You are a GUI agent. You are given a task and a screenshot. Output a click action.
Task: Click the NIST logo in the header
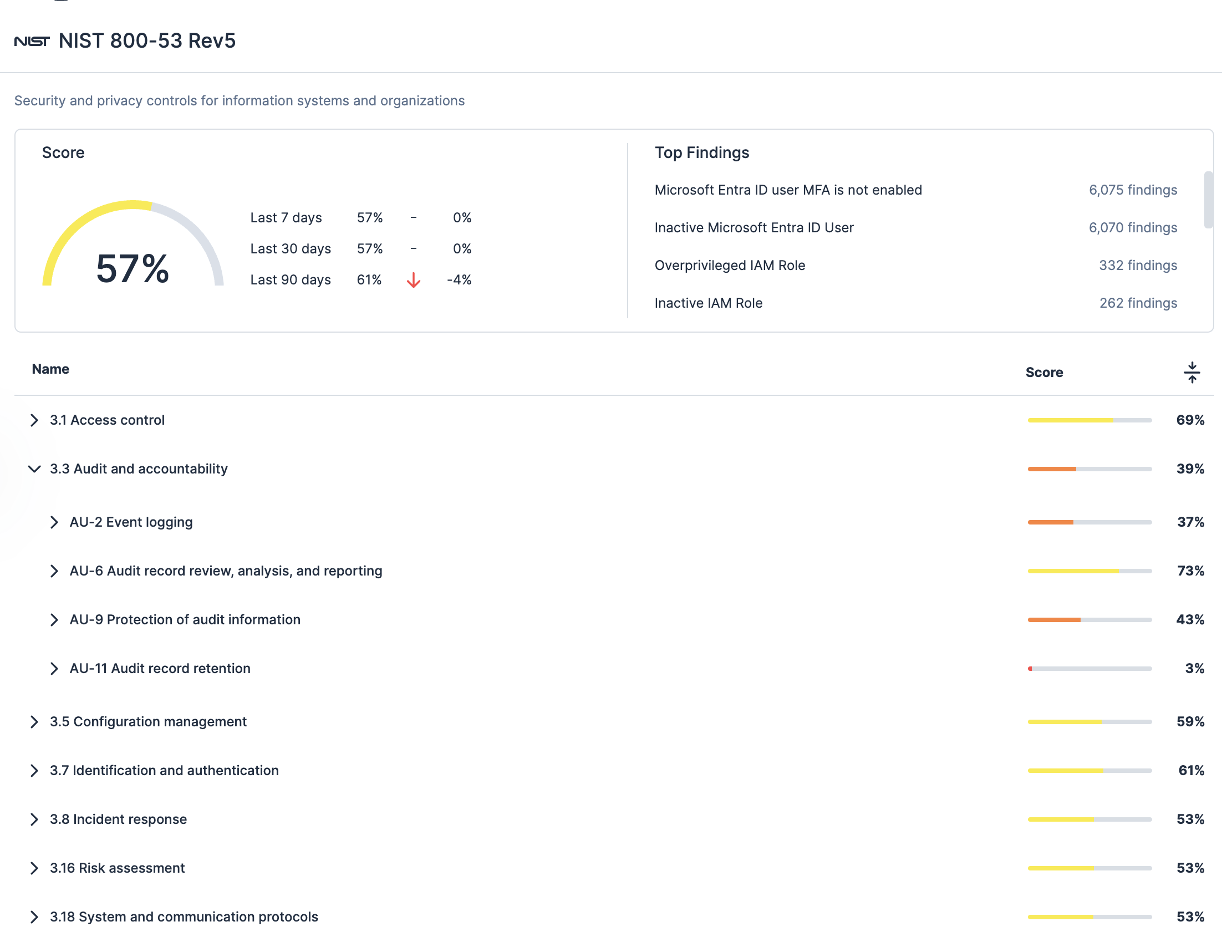coord(32,41)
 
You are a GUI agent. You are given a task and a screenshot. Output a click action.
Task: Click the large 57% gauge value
coord(132,269)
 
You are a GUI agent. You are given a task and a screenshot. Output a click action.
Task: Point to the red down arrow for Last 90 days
coord(413,280)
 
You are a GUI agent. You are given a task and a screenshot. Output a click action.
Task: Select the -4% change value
coord(459,280)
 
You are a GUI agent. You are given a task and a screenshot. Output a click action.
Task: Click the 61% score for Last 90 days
coord(369,280)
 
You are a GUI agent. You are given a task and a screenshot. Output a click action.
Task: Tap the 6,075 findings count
coord(1132,190)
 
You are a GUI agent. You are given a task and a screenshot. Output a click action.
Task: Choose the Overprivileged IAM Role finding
coord(730,266)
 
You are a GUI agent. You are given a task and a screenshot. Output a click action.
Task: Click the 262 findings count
coord(1138,303)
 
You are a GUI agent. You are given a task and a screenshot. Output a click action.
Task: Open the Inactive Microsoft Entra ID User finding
coord(753,228)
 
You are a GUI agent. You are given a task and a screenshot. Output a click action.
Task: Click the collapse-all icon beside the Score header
coord(1192,373)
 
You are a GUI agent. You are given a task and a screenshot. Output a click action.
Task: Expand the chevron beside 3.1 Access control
coord(34,420)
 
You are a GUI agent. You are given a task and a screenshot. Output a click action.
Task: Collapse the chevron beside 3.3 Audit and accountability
coord(34,469)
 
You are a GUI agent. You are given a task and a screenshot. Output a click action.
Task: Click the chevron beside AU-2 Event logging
coord(54,523)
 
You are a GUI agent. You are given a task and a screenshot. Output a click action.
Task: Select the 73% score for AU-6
coord(1190,571)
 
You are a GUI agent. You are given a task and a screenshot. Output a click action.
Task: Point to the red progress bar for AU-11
coord(1030,669)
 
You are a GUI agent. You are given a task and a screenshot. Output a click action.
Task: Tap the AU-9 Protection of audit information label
coord(185,620)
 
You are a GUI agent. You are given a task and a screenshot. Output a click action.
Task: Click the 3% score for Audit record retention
coord(1194,669)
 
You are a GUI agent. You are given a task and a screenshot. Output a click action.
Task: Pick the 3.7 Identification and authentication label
coord(164,771)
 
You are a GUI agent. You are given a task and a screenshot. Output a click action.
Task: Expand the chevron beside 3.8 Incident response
coord(34,819)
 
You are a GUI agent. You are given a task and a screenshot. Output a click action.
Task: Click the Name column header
coord(50,369)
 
